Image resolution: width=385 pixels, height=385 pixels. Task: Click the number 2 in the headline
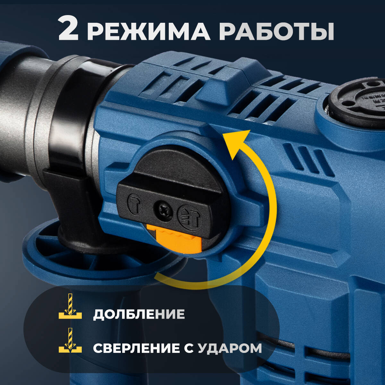pyautogui.click(x=68, y=30)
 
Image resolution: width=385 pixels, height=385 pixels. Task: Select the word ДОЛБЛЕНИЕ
pyautogui.click(x=139, y=314)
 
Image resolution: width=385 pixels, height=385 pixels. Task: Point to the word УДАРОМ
pyautogui.click(x=229, y=348)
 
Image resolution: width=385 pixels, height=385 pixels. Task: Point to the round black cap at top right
pyautogui.click(x=356, y=99)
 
